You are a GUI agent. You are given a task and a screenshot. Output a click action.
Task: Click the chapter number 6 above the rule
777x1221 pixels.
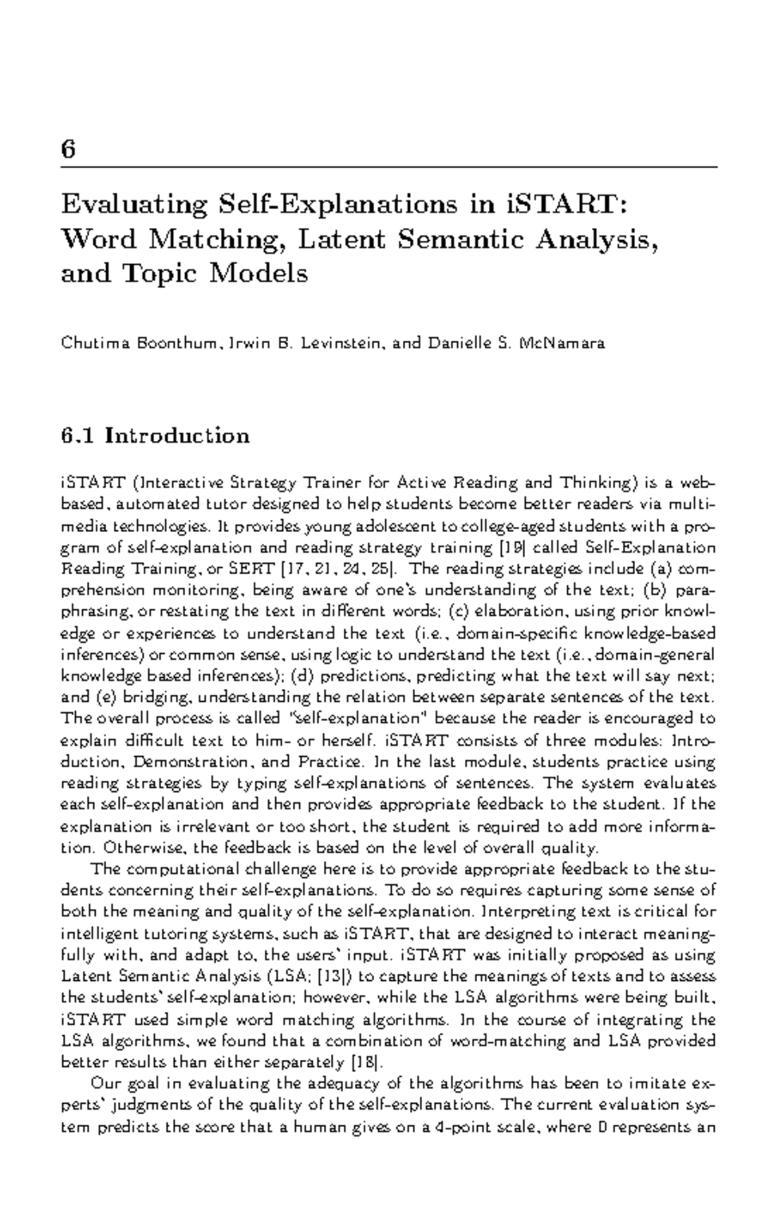(68, 150)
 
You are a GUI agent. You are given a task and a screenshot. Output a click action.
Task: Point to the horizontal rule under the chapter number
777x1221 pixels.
(388, 166)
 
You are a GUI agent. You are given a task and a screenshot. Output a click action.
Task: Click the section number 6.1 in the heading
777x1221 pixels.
(78, 435)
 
